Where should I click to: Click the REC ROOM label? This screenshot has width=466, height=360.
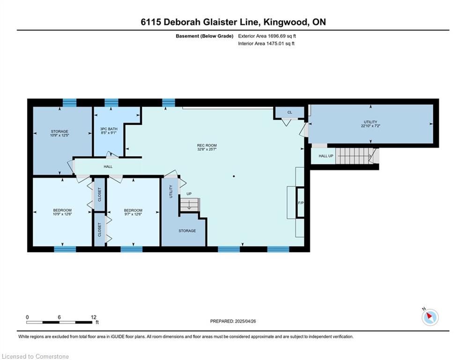click(x=207, y=145)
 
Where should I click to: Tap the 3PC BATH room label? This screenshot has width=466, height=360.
click(x=109, y=129)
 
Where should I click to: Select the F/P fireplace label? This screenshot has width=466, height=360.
click(x=301, y=203)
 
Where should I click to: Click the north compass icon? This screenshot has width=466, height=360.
click(x=430, y=317)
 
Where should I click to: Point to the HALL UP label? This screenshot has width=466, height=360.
click(x=325, y=156)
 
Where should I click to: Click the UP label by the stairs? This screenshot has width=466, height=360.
click(x=189, y=194)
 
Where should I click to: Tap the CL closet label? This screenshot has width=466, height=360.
click(x=290, y=112)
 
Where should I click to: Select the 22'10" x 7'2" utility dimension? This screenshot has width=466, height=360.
click(x=370, y=126)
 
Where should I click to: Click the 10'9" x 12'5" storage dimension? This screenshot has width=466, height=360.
click(x=60, y=135)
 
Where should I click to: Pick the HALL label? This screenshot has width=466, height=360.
click(x=108, y=166)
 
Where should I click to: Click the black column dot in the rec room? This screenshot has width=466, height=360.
click(x=234, y=176)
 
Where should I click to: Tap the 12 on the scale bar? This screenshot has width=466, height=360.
click(x=94, y=317)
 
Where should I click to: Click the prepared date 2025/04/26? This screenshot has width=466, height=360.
click(x=245, y=321)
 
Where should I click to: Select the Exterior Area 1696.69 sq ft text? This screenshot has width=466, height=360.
click(x=267, y=36)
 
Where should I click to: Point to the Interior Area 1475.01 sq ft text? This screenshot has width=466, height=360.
click(x=266, y=44)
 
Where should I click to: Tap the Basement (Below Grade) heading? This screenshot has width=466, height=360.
click(x=205, y=36)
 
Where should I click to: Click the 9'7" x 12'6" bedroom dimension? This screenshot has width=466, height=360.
click(x=133, y=214)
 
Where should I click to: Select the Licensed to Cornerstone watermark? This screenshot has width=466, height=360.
click(x=35, y=356)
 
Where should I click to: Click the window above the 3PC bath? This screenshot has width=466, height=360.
click(x=111, y=103)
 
